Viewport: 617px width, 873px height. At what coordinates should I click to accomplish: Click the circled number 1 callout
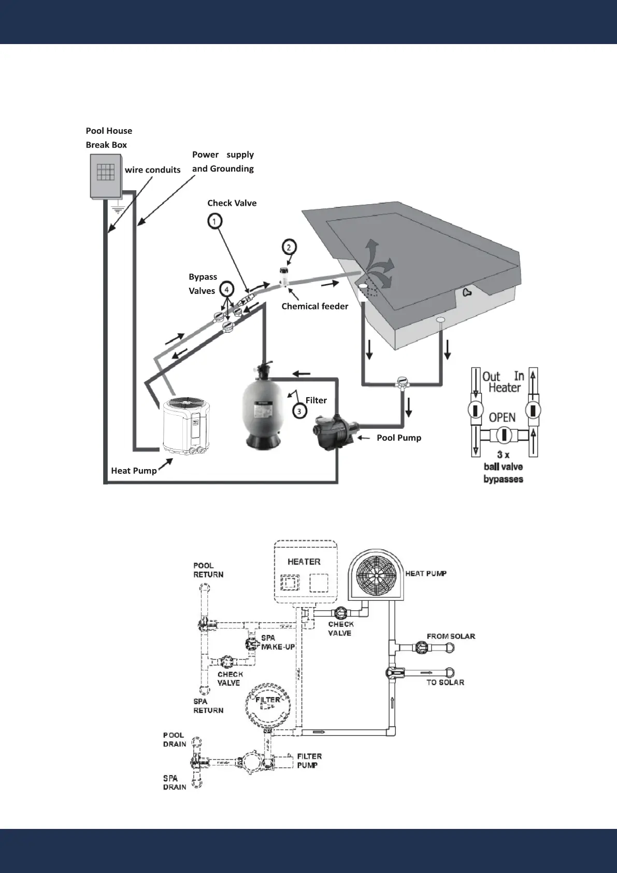point(214,221)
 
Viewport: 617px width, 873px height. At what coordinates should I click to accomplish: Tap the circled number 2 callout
point(289,247)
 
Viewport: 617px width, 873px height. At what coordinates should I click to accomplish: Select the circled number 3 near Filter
point(299,411)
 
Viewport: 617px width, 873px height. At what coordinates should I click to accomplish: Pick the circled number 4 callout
point(226,289)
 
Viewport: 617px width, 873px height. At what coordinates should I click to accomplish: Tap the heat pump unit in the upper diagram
point(182,423)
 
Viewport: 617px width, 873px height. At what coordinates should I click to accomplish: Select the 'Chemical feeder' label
point(314,306)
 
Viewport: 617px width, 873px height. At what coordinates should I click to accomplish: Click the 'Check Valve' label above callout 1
point(232,203)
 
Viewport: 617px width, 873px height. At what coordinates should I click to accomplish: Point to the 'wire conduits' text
point(152,170)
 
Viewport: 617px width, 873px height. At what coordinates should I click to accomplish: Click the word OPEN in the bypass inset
point(502,417)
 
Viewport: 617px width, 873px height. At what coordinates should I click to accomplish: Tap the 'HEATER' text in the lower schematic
point(304,562)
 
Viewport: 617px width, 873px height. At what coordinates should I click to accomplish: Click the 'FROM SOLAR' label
point(451,636)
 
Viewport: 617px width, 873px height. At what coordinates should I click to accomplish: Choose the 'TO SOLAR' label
point(445,682)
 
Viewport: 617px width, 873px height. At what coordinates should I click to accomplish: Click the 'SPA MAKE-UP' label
point(277,642)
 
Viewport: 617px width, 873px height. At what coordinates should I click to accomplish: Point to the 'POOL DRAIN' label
point(174,740)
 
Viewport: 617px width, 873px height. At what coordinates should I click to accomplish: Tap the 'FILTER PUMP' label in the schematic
point(309,761)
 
